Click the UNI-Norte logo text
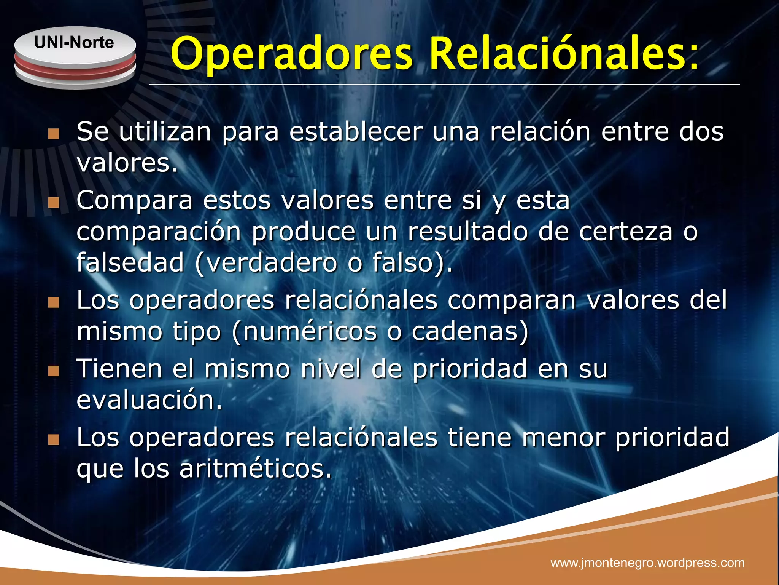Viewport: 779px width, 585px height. tap(74, 42)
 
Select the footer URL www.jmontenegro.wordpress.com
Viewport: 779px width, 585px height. tap(647, 563)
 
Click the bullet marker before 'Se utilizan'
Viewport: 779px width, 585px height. tap(54, 134)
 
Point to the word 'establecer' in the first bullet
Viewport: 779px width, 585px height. tap(356, 132)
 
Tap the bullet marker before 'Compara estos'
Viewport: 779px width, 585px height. tap(54, 203)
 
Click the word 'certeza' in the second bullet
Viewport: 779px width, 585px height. tap(626, 232)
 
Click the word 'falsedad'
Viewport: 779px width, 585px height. tap(130, 263)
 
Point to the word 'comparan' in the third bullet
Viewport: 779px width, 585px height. tap(512, 300)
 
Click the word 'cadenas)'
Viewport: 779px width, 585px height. tap(470, 331)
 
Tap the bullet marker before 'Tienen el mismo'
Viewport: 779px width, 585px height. tap(54, 371)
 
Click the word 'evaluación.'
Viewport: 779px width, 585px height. tap(149, 401)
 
